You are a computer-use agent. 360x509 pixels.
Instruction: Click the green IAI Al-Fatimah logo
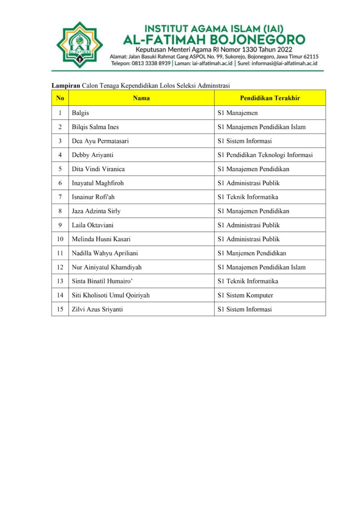(x=79, y=46)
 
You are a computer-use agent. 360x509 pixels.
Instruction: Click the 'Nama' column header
(x=141, y=98)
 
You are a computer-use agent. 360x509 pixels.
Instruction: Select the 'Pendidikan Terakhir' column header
(x=270, y=98)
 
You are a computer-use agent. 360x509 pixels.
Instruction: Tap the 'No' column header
(x=60, y=98)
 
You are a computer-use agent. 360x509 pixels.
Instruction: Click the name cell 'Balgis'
(x=81, y=113)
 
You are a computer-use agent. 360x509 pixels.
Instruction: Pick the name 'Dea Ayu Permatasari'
(x=100, y=141)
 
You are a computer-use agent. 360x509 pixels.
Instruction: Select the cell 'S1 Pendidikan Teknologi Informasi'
(x=265, y=155)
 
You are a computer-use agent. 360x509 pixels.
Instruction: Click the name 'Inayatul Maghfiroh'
(x=97, y=183)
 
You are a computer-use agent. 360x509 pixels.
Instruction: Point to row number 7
(x=60, y=197)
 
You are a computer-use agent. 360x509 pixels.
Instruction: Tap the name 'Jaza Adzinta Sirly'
(x=96, y=211)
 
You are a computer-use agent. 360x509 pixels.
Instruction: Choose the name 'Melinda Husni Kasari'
(x=101, y=239)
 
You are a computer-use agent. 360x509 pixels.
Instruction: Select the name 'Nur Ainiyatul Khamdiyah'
(x=106, y=267)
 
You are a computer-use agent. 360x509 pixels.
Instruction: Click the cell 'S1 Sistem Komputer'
(x=245, y=295)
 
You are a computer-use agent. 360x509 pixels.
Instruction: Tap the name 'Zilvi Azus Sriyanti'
(x=97, y=309)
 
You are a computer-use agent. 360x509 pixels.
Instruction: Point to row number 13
(x=60, y=281)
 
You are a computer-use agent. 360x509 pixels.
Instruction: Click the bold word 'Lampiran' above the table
(x=66, y=85)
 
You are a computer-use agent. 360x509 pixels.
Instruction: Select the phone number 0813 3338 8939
(x=149, y=64)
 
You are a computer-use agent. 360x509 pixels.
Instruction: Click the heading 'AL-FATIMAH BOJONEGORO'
(x=214, y=38)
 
